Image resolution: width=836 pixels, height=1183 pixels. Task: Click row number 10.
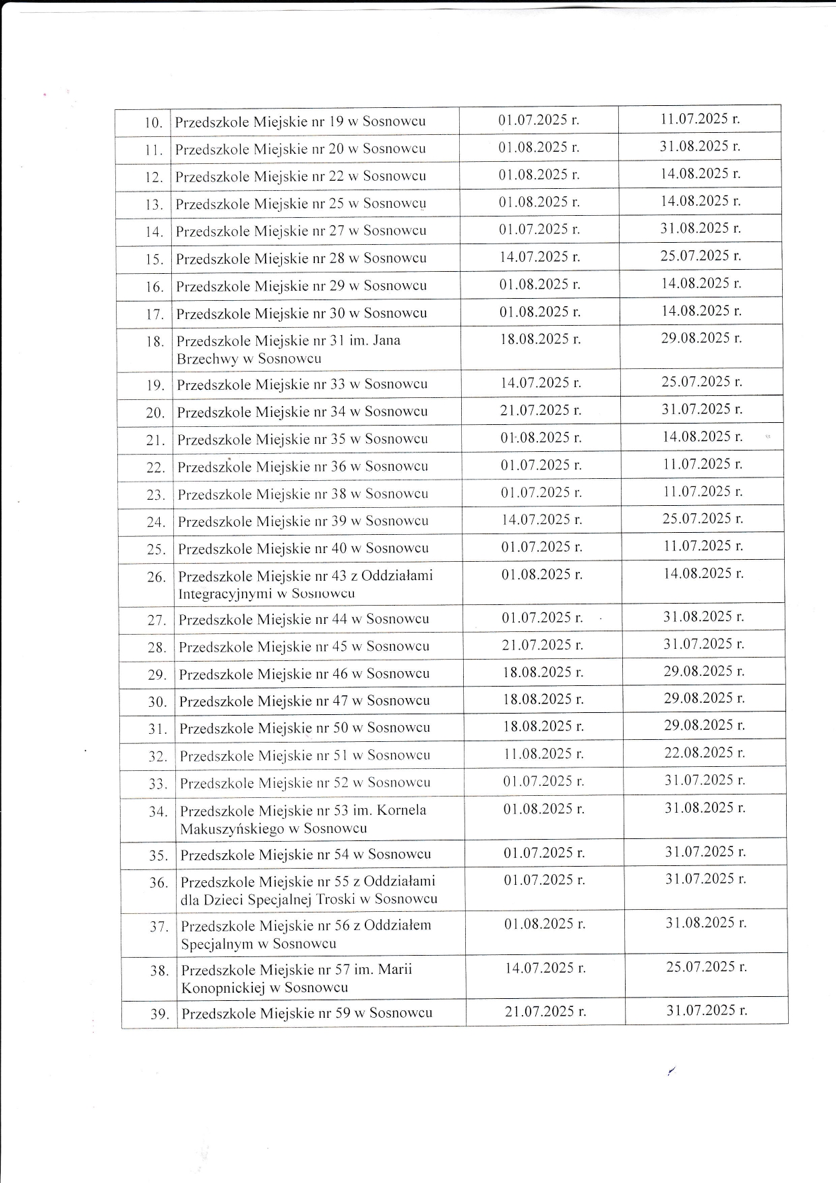tap(154, 123)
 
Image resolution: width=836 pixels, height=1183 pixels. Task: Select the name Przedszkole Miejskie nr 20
tap(300, 149)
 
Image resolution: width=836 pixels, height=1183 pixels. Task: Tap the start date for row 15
tap(539, 257)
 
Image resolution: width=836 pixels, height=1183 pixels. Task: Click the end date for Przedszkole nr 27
tap(700, 229)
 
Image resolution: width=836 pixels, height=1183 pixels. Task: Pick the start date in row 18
tap(540, 339)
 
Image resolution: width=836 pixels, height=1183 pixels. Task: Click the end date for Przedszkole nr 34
tap(702, 409)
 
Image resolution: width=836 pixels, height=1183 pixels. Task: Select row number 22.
tap(156, 467)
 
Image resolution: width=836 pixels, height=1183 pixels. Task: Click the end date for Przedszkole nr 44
tap(704, 616)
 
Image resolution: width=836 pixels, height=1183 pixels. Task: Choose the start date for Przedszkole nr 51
tap(543, 754)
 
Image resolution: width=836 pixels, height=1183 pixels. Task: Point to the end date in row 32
tap(705, 753)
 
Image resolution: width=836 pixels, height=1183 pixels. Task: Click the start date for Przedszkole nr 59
tap(545, 1012)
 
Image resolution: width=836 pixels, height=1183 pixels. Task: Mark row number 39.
tap(159, 1014)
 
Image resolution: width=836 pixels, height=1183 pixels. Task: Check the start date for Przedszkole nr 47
tap(543, 699)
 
